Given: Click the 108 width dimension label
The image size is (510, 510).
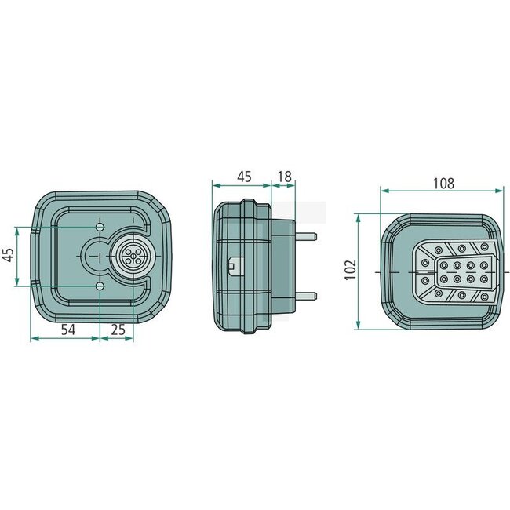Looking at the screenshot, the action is (x=443, y=184).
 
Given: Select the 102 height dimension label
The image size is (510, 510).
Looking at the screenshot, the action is (x=350, y=270).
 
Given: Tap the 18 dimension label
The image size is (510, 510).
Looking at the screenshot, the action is (x=285, y=177).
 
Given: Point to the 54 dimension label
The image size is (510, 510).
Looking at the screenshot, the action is (x=68, y=330).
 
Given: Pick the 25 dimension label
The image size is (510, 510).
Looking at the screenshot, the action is (x=118, y=330).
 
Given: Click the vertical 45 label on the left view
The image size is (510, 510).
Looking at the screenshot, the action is (x=8, y=255).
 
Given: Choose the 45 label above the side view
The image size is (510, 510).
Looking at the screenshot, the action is (x=244, y=177).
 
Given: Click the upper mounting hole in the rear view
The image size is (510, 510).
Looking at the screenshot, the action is (x=100, y=227).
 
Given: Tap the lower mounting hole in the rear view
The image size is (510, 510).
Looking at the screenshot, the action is (x=100, y=286).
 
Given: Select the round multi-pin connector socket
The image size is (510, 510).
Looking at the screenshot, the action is (x=133, y=257).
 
